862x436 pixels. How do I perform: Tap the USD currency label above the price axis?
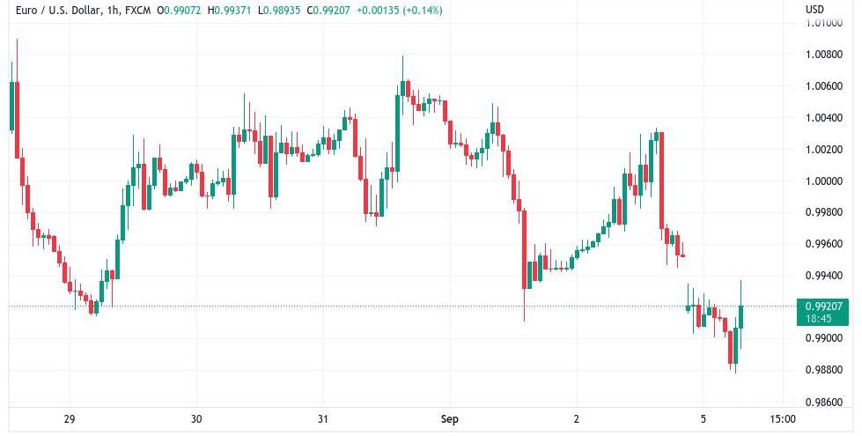point(814,10)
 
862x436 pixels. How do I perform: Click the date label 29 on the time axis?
point(70,419)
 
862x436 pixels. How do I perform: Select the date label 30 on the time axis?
point(196,419)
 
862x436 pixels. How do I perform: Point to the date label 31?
point(323,419)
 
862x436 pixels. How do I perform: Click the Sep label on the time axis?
point(450,419)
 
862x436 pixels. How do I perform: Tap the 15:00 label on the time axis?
point(782,419)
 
